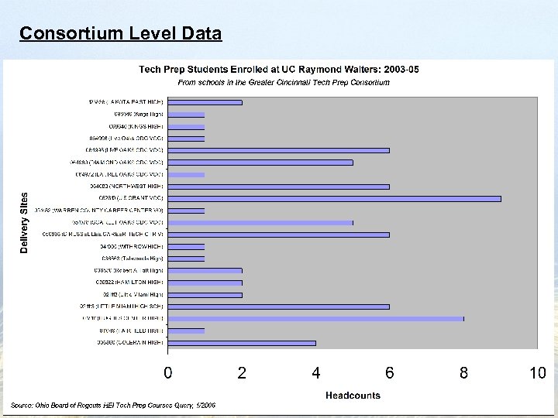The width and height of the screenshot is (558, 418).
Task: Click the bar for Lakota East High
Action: tap(205, 102)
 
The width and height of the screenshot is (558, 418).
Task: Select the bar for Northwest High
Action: tap(278, 187)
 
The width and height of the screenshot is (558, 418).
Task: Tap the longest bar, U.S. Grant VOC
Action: tap(334, 198)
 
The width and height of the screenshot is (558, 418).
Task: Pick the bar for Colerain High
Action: tap(241, 342)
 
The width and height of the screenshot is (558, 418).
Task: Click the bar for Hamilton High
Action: tap(205, 283)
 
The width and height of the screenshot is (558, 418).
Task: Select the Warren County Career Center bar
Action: tap(186, 211)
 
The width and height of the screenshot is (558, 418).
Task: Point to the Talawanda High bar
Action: tap(186, 259)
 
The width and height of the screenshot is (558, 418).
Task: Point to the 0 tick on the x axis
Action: tap(168, 373)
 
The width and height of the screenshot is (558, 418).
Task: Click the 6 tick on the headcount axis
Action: tap(390, 373)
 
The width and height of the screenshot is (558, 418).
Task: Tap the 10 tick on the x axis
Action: tap(537, 373)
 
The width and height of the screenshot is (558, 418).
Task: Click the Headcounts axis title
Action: tap(353, 395)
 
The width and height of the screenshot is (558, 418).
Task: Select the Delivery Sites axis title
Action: tap(24, 222)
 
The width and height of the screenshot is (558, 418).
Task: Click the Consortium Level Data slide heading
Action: tap(121, 34)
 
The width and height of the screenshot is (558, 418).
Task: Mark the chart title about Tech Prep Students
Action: tap(279, 69)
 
